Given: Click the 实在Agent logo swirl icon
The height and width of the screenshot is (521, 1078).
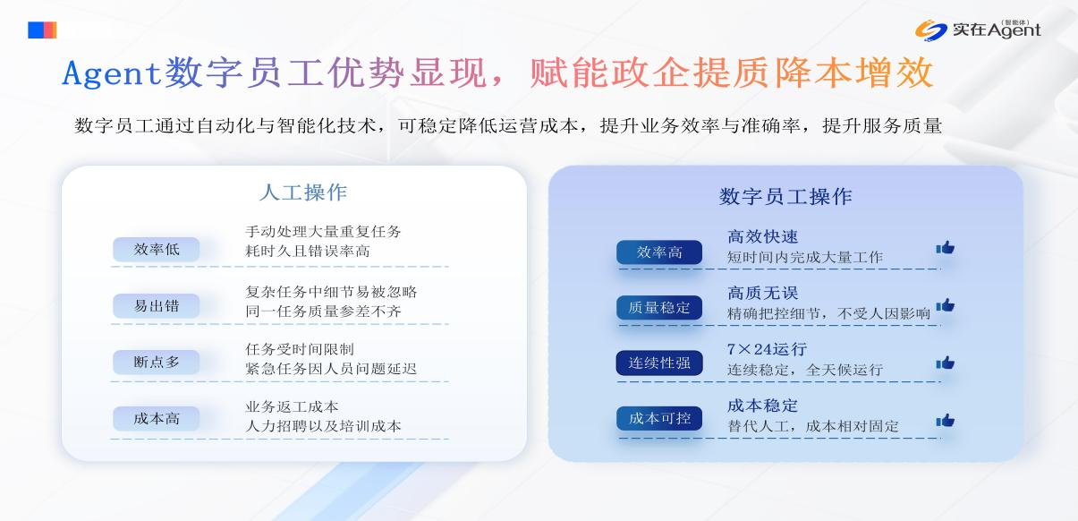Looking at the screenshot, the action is coord(930,30).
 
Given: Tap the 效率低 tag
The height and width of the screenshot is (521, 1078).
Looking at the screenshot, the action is coord(156,250).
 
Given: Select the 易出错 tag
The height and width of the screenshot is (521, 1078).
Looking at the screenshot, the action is coord(156,306).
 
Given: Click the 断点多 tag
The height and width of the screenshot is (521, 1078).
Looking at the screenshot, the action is coord(156,362).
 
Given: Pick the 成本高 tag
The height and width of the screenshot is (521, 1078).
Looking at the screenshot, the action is coord(156,418).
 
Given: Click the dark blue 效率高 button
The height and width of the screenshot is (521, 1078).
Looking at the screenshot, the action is coord(659,252).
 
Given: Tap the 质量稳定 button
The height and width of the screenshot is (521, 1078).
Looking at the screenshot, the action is coord(659,307).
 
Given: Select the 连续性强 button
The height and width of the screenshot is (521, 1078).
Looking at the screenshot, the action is coord(659,363).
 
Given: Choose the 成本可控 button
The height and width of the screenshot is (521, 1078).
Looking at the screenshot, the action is coord(659,418).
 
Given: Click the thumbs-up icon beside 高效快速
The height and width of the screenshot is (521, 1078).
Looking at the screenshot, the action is coord(946,247).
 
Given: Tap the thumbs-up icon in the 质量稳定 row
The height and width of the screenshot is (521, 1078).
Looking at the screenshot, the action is coord(946,305).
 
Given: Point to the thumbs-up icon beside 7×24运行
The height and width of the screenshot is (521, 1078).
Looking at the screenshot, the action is coord(946,363).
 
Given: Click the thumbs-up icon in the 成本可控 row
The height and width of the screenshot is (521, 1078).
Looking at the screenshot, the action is coord(946,421).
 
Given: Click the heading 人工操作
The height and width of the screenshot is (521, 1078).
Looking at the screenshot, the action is coord(303,192).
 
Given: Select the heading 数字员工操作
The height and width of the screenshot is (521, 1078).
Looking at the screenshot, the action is coord(785,196).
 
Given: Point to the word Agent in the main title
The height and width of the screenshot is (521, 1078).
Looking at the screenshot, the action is coord(111,73).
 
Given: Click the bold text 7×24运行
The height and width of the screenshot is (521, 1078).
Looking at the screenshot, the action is coord(767,349).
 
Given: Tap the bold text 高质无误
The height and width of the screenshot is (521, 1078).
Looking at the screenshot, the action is coord(763,293).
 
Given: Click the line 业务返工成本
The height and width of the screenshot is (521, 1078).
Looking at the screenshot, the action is coord(293,407).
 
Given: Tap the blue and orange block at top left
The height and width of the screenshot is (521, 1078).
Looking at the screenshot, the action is coord(42,30).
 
